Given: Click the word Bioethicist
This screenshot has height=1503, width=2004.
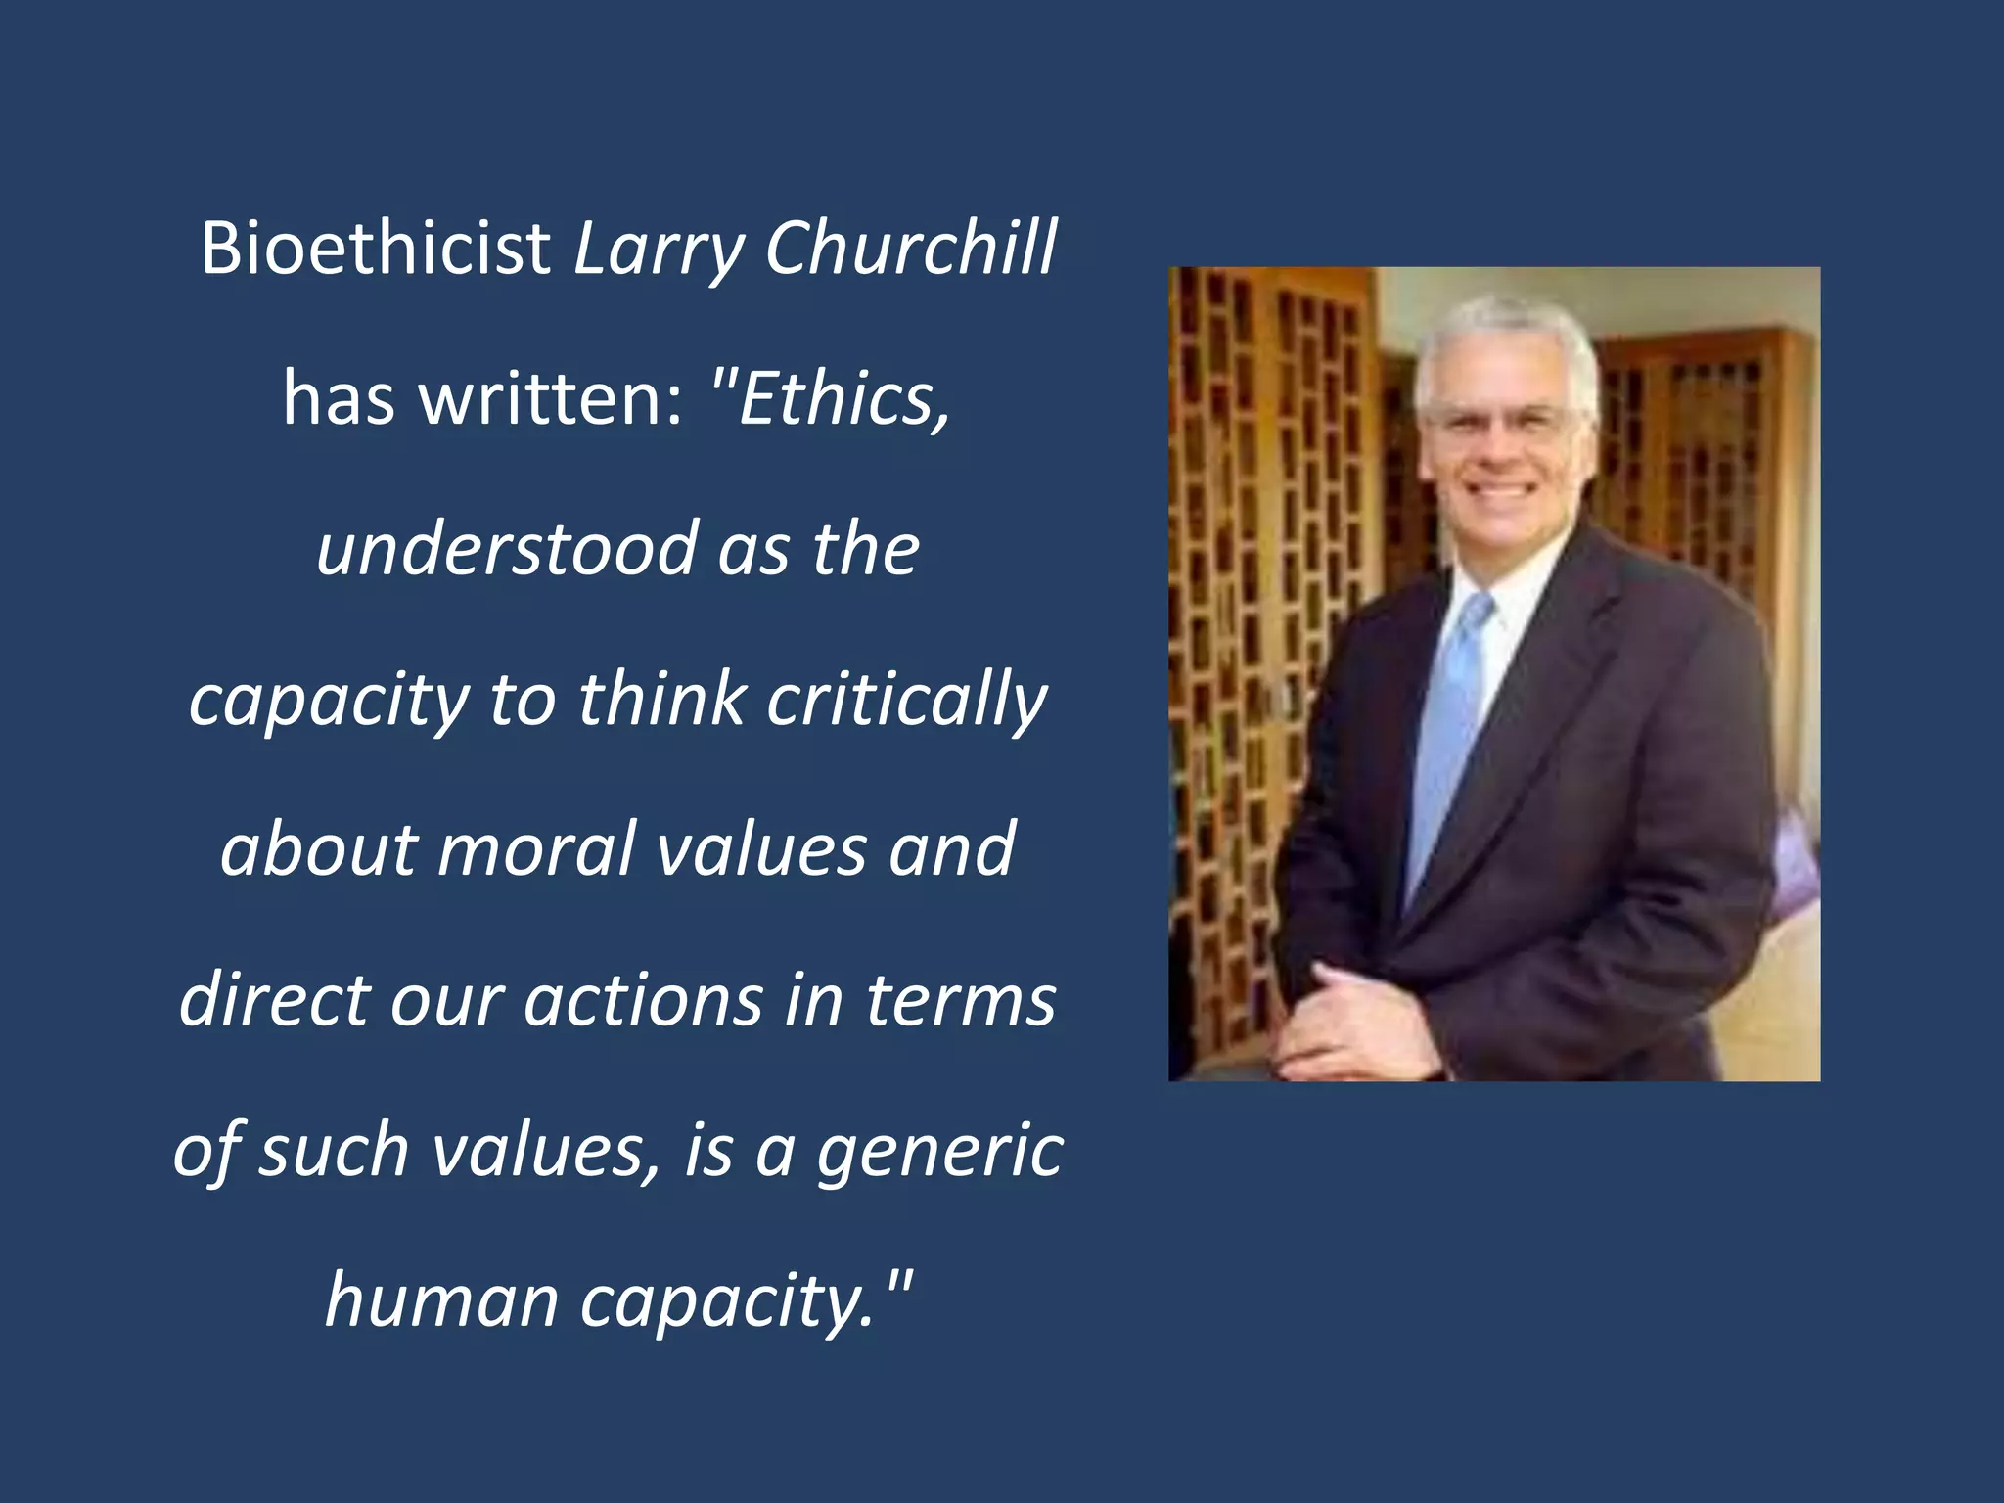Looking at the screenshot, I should tap(376, 248).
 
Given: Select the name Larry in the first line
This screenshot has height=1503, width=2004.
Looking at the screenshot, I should tap(659, 250).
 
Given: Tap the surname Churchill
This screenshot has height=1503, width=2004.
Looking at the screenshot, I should tap(910, 248).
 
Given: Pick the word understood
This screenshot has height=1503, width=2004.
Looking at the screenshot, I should tap(506, 548).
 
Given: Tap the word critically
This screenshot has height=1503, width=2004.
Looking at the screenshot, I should tap(906, 701).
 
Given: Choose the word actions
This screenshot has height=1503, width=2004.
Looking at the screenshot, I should tap(643, 999).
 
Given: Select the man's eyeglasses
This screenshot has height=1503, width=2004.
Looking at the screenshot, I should tap(1498, 421).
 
